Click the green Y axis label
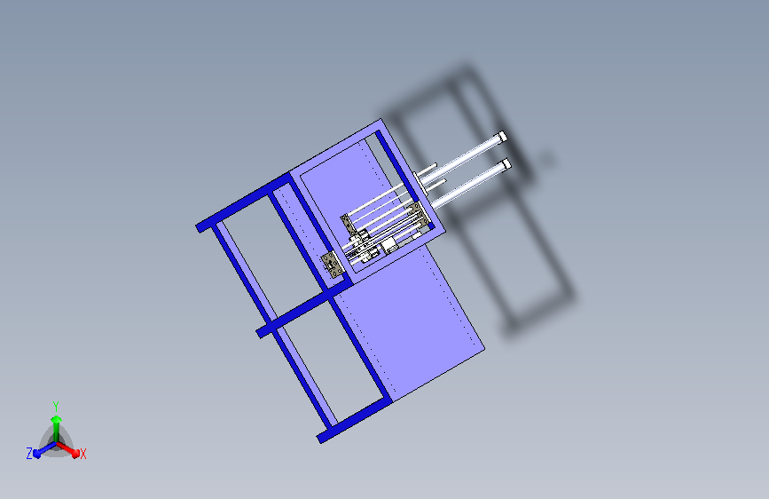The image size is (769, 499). (55, 404)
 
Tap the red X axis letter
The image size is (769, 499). (83, 455)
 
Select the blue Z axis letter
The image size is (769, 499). (29, 453)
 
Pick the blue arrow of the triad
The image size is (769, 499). (41, 449)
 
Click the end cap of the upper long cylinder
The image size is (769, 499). (501, 136)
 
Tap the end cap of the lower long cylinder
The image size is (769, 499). (506, 164)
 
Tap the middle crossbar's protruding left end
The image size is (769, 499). (263, 331)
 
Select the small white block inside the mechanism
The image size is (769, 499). (390, 243)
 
